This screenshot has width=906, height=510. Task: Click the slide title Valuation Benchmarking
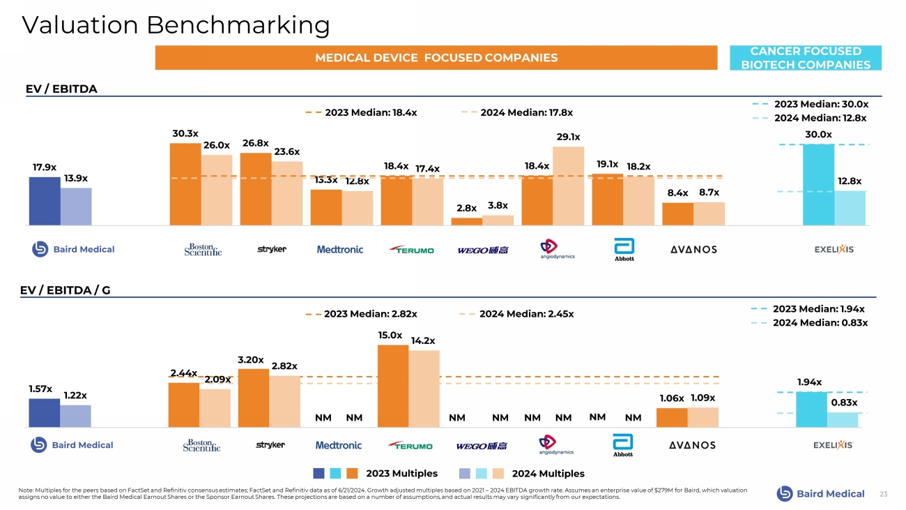(x=176, y=25)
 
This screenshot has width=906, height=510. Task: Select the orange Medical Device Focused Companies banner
(x=436, y=57)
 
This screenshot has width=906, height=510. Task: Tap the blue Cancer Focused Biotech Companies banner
(x=805, y=58)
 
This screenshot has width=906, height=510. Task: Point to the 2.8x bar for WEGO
(x=466, y=221)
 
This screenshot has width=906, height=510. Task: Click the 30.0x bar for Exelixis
(x=818, y=184)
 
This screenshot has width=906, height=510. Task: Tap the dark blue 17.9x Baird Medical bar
(x=44, y=201)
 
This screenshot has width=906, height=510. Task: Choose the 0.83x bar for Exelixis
(x=843, y=419)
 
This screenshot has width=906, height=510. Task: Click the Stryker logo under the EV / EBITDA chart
(x=272, y=249)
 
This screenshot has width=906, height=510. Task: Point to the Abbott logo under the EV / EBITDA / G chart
(x=622, y=446)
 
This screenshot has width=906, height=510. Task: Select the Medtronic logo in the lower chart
(x=339, y=445)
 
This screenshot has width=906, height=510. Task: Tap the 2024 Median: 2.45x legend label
(x=526, y=314)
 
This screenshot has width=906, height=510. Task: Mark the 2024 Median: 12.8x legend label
(x=820, y=118)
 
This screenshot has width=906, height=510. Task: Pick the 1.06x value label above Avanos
(x=672, y=398)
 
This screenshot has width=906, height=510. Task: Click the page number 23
(x=884, y=494)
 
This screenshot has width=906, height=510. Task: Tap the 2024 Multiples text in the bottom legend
(x=548, y=474)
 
